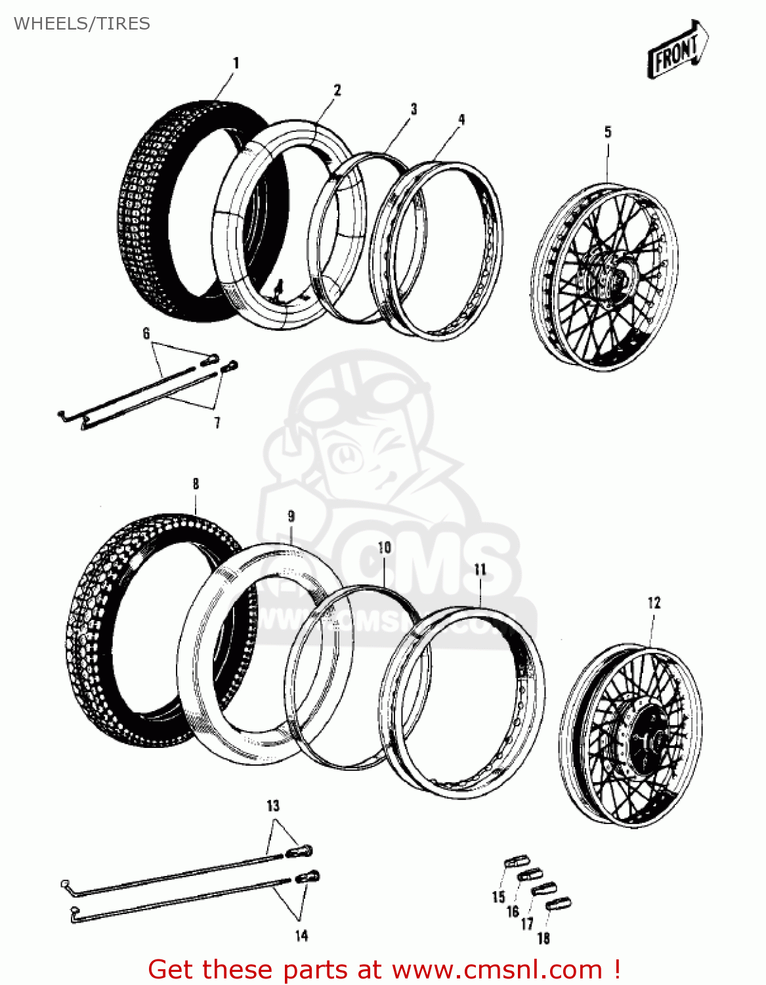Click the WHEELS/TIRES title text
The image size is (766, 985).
[x=82, y=24]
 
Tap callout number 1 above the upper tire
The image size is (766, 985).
[x=236, y=63]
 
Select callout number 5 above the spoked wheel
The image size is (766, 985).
[x=608, y=132]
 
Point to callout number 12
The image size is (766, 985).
[x=654, y=603]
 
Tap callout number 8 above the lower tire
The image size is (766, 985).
[x=196, y=485]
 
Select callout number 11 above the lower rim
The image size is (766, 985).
[x=480, y=569]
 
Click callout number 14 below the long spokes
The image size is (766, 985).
[x=301, y=936]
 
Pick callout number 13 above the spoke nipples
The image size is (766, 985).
[x=273, y=806]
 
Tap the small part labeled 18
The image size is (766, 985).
[x=559, y=904]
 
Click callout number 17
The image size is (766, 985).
[x=527, y=924]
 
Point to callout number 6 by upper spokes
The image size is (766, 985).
[x=146, y=334]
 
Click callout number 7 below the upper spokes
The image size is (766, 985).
[x=217, y=423]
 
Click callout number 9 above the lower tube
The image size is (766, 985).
[x=291, y=517]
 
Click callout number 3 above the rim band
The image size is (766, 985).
[x=414, y=109]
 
